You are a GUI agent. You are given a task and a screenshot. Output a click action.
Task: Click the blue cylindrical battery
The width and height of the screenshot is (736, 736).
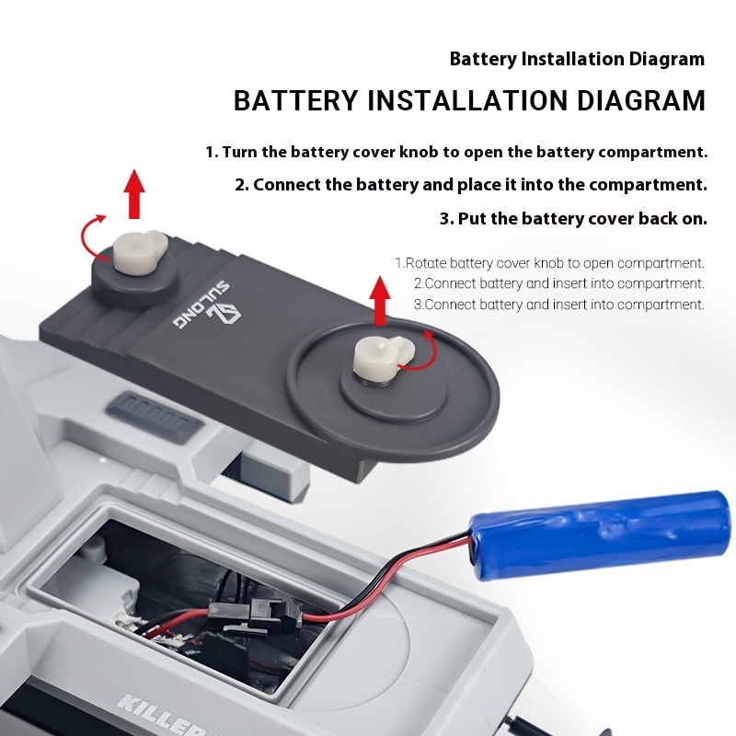pos(601,535)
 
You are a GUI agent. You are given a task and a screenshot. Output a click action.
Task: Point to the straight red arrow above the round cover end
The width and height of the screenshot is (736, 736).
pos(380,301)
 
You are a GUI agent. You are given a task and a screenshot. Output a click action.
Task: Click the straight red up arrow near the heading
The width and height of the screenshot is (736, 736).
pos(134,193)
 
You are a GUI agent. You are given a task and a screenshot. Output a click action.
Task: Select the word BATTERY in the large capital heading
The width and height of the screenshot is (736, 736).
pos(295,100)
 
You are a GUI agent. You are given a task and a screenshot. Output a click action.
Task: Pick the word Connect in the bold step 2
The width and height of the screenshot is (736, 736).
pos(287,185)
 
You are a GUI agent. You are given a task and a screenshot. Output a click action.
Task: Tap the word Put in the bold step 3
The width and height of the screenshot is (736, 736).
pos(473,219)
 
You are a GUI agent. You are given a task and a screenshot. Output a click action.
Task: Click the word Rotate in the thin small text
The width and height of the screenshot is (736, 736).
pos(425,263)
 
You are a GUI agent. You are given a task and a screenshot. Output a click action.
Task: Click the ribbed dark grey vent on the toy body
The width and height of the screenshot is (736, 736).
pos(155,418)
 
